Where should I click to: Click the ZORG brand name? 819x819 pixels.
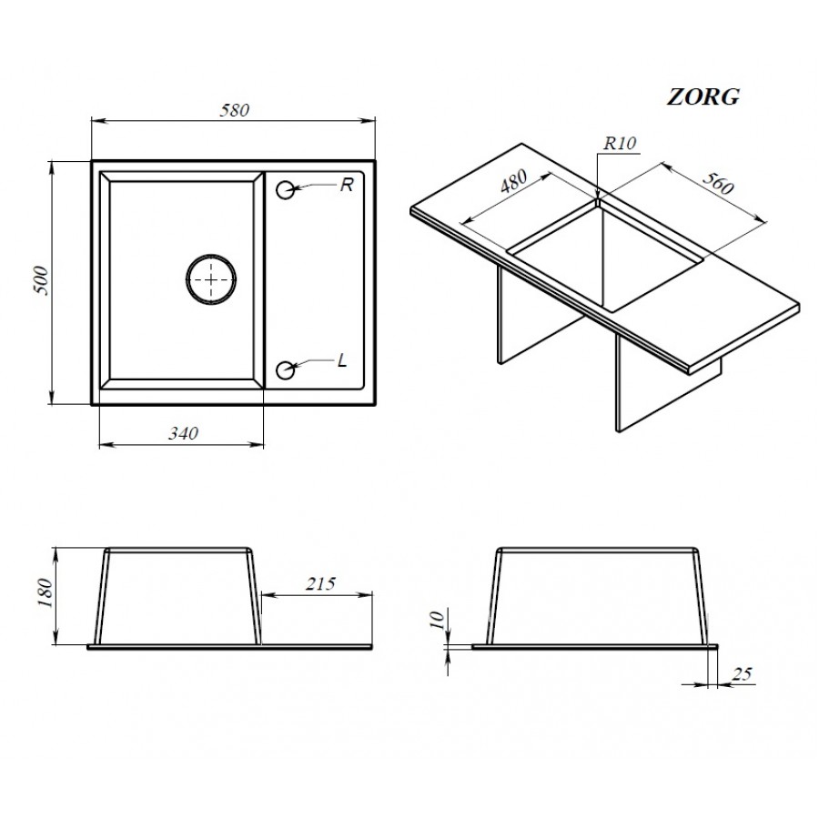(x=703, y=97)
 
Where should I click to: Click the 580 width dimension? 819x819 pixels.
(x=234, y=110)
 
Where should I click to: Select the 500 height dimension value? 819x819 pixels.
(x=42, y=281)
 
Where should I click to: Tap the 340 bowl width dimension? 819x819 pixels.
(x=183, y=433)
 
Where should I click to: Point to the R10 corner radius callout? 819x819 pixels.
(x=620, y=144)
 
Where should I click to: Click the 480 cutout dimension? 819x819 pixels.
(x=513, y=181)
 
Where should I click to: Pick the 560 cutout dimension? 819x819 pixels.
(x=718, y=182)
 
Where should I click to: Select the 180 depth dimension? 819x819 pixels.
(x=45, y=592)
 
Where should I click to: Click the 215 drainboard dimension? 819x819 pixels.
(x=320, y=583)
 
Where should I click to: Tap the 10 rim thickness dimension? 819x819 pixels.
(x=438, y=620)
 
